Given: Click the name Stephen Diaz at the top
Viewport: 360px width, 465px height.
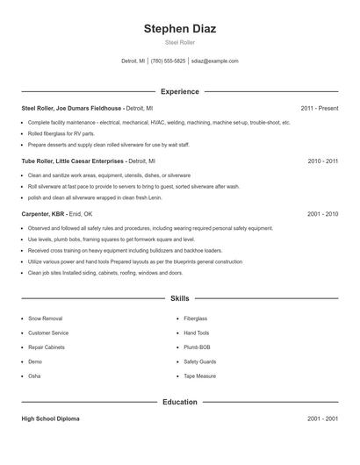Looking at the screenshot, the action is [180, 28].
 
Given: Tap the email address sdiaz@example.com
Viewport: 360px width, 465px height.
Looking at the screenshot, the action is [214, 61].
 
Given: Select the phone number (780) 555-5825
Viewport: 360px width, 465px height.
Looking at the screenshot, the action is [168, 61].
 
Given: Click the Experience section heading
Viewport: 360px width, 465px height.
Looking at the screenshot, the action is [180, 91].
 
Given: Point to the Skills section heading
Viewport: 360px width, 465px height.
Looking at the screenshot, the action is [180, 298].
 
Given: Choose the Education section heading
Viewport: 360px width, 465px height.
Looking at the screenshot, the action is [180, 402].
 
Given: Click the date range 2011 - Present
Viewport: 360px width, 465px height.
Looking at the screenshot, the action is [319, 108].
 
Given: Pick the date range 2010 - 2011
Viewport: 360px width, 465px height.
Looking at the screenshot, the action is [323, 161].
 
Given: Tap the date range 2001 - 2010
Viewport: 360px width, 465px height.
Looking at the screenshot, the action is [323, 214].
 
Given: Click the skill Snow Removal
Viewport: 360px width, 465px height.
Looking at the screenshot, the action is [46, 318].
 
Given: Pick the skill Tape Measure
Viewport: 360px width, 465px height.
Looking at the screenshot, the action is [201, 376].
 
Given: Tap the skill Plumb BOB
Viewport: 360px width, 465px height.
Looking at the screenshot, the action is [198, 347].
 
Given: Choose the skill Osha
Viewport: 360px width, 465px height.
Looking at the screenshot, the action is [35, 376].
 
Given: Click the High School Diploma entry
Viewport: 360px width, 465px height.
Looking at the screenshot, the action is [50, 418].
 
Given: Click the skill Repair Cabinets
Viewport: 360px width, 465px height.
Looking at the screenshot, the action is [49, 347].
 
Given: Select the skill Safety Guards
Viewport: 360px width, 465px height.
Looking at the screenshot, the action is [200, 361].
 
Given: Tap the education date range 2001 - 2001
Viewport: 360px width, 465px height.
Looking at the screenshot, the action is [323, 418].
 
